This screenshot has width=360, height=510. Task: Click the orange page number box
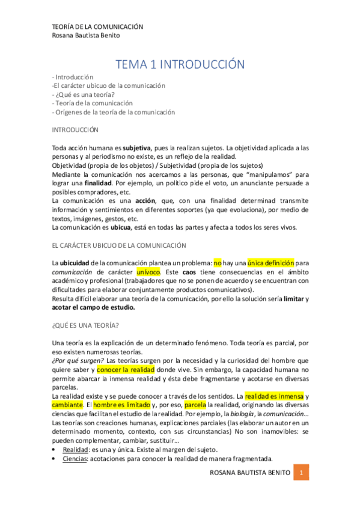pos(304,473)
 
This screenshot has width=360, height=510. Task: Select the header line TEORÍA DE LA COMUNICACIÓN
pos(97,26)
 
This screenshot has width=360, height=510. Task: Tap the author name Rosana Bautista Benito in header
pos(87,35)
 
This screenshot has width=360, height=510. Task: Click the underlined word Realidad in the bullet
pos(76,449)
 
